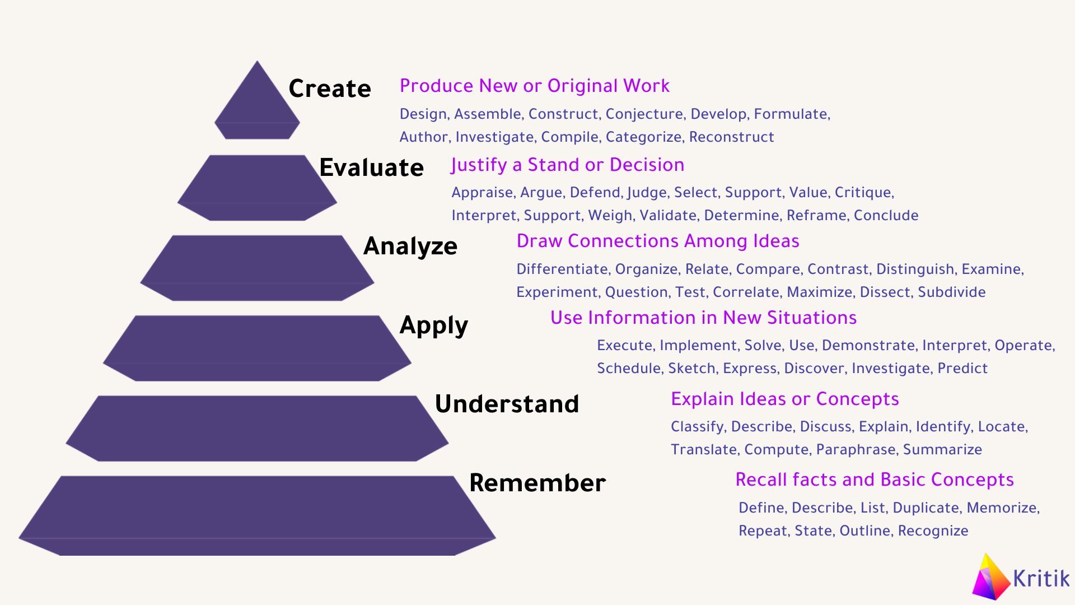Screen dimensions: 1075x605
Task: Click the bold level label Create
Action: [x=330, y=89]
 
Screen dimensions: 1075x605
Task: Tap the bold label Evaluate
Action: [x=371, y=167]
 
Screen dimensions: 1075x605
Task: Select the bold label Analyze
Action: [x=410, y=246]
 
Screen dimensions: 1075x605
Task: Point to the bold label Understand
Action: [x=507, y=404]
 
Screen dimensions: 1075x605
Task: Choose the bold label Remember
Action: [x=537, y=483]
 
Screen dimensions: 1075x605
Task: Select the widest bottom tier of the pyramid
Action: [x=257, y=516]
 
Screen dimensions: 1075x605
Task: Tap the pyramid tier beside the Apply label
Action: [x=257, y=348]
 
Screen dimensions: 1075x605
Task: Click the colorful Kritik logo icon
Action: [x=992, y=577]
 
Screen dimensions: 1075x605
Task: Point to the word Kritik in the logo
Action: [x=1041, y=578]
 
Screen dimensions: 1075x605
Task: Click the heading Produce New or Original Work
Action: [x=535, y=86]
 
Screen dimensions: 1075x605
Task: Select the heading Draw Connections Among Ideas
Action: [x=658, y=241]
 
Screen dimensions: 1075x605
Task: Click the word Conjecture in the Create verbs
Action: [x=644, y=114]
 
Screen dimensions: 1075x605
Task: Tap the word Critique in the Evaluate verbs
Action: [x=864, y=193]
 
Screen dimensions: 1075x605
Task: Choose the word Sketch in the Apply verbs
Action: [x=692, y=368]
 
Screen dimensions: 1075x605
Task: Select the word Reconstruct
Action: [x=732, y=137]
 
